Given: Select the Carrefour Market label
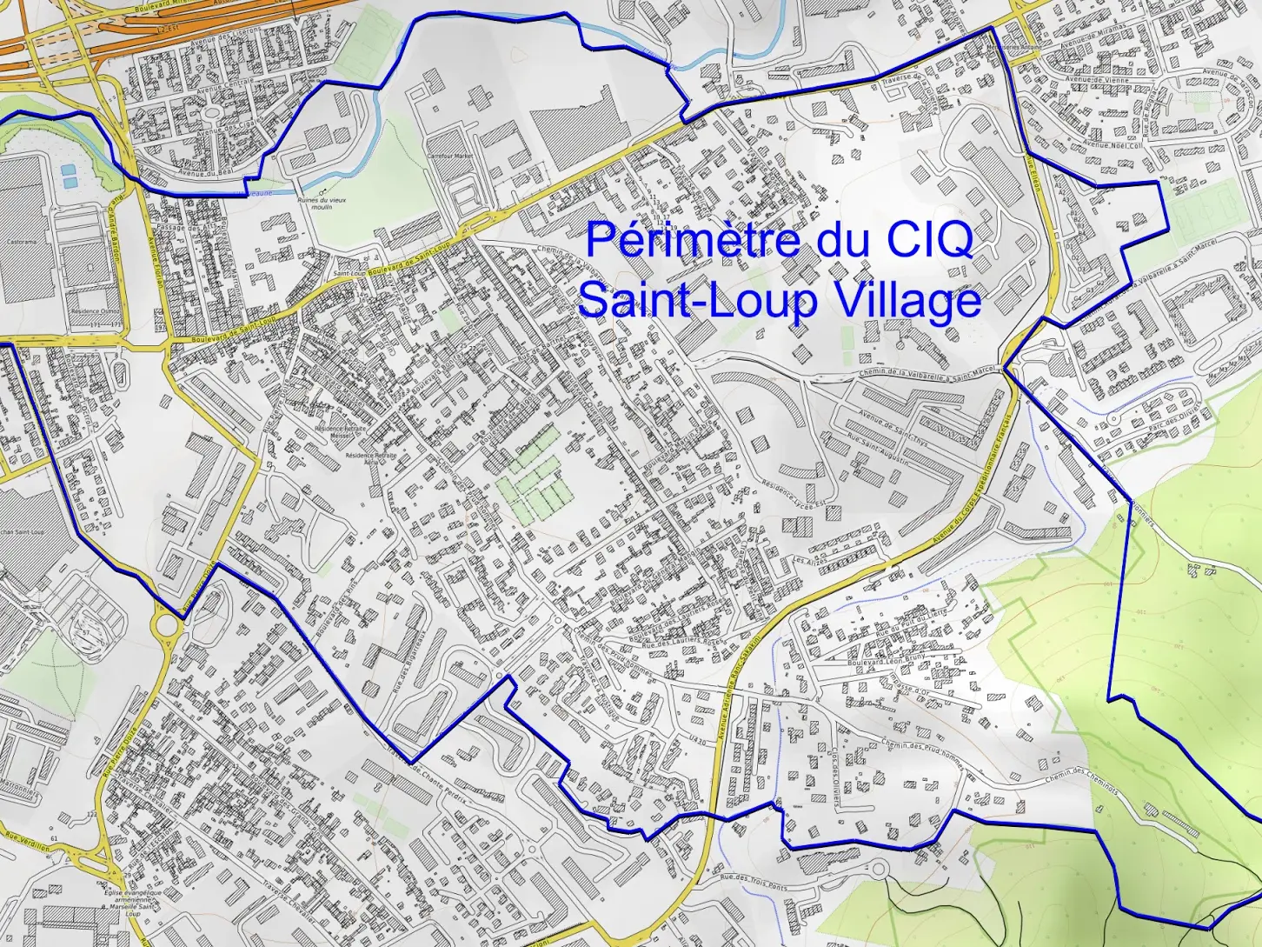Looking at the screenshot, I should click(449, 157).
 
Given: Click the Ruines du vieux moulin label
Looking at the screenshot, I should click(322, 203).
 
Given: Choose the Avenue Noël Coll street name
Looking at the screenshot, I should click(1113, 146).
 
